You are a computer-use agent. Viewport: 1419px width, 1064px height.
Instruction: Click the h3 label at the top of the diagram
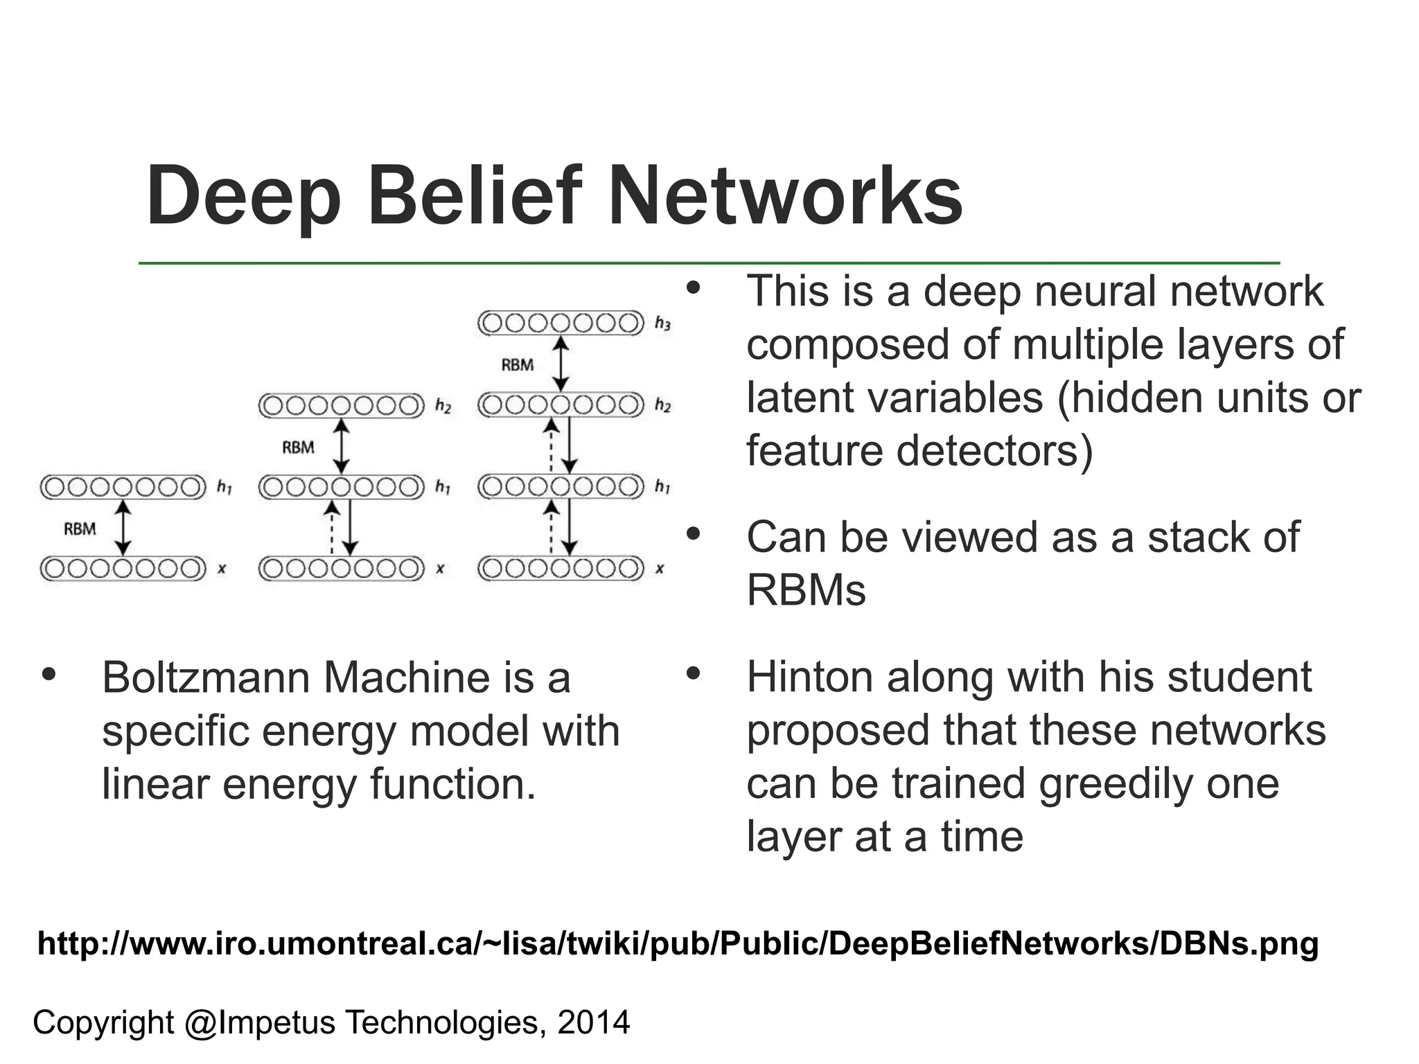point(662,323)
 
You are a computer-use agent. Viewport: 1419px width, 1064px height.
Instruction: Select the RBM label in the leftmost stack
point(80,529)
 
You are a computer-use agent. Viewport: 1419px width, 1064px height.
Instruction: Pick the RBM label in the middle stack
point(298,447)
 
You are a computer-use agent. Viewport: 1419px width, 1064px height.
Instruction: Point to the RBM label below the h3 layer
point(518,365)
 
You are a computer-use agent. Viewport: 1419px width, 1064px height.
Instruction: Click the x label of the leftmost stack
point(222,569)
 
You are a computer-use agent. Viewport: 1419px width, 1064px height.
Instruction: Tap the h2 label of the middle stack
point(443,406)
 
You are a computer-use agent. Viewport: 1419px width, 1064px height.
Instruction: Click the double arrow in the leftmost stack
point(123,528)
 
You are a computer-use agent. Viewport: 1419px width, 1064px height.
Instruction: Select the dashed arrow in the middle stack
point(332,528)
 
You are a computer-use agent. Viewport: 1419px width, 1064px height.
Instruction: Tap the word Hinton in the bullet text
point(809,677)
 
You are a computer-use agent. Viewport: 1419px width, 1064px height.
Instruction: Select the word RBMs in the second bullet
point(806,591)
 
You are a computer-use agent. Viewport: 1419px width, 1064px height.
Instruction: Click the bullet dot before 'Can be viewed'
point(694,534)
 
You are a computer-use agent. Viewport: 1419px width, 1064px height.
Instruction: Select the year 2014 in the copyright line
point(594,1022)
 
